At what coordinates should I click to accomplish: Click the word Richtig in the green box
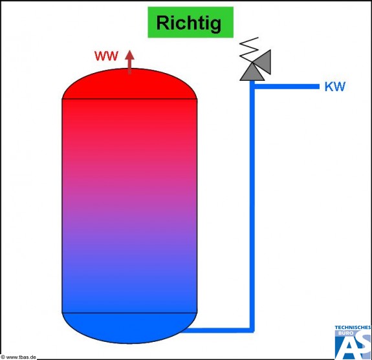189,23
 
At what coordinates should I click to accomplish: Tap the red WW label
106,56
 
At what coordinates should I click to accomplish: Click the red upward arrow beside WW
129,62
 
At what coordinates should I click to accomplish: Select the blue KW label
334,87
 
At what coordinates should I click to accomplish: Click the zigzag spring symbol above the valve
248,49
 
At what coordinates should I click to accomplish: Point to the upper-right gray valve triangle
262,61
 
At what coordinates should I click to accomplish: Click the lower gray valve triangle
252,72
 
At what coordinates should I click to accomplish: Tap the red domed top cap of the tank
129,83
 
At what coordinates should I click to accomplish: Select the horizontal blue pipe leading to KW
287,87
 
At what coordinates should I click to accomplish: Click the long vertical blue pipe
252,206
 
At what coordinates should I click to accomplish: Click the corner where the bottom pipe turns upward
252,330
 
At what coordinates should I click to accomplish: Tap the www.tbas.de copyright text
19,357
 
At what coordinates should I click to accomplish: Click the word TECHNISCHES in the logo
353,328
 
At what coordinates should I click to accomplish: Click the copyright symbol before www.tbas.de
3,357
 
